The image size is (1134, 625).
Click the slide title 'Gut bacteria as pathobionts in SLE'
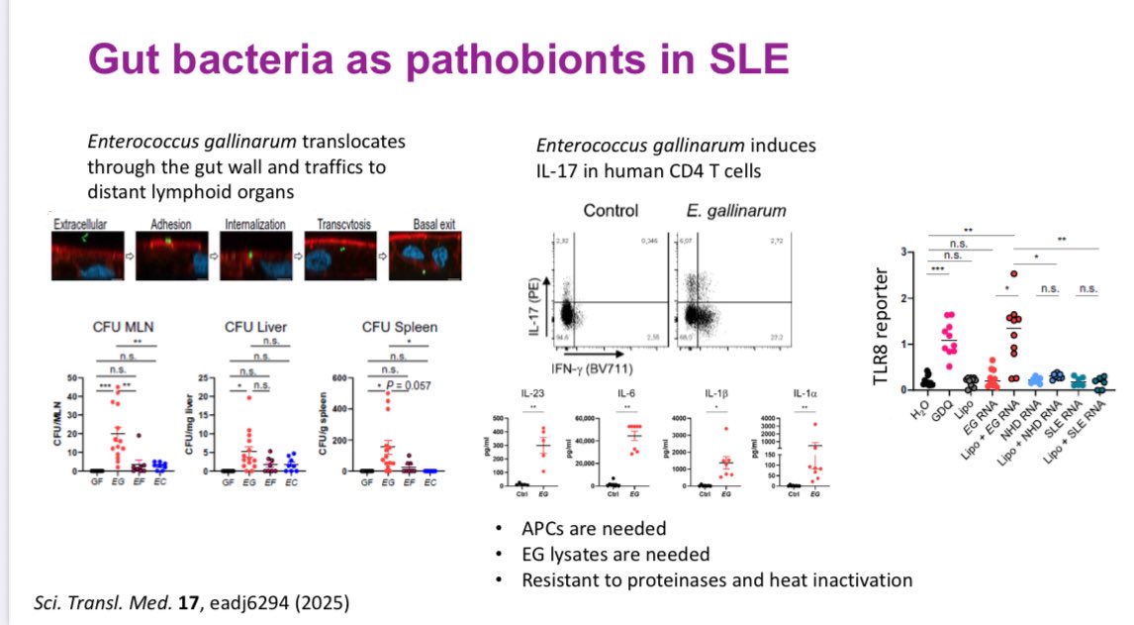point(438,59)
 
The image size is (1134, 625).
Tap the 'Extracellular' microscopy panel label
point(83,225)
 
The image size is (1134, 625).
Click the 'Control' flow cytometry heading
point(611,211)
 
